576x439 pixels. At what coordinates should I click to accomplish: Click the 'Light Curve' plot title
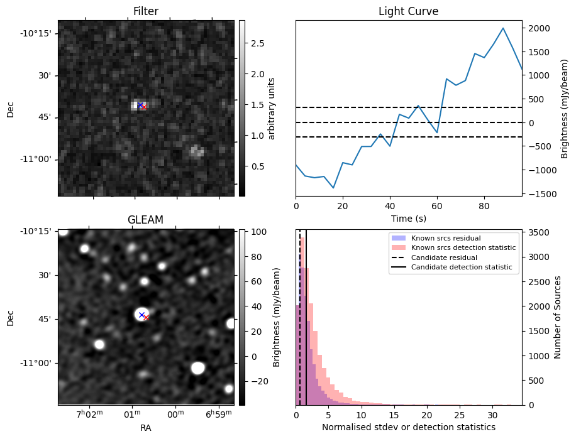pyautogui.click(x=408, y=11)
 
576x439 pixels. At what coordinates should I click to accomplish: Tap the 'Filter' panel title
pyautogui.click(x=146, y=11)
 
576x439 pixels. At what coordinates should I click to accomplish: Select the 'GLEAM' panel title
pyautogui.click(x=146, y=220)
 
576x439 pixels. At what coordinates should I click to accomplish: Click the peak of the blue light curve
pyautogui.click(x=503, y=28)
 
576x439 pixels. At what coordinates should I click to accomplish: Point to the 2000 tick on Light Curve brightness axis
pyautogui.click(x=540, y=28)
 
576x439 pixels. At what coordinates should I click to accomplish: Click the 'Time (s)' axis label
pyautogui.click(x=409, y=217)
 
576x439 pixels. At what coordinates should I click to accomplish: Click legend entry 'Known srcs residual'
pyautogui.click(x=445, y=239)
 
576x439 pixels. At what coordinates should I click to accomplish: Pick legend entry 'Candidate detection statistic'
pyautogui.click(x=462, y=268)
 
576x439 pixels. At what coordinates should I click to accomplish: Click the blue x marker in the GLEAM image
pyautogui.click(x=141, y=315)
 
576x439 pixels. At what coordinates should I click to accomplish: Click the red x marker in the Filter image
pyautogui.click(x=144, y=107)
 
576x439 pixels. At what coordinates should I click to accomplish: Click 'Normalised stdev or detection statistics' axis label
pyautogui.click(x=409, y=427)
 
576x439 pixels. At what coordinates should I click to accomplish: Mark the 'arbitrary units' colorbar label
pyautogui.click(x=272, y=108)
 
